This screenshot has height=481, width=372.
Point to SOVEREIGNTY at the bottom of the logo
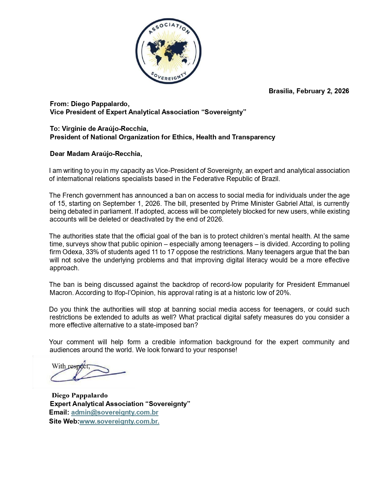pos(168,76)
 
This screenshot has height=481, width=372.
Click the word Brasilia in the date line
pos(281,91)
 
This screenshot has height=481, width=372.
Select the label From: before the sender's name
pos(59,104)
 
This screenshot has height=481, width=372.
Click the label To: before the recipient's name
pos(55,129)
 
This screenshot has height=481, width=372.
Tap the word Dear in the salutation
pos(57,154)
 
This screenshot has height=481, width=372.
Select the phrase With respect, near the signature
pos(71,366)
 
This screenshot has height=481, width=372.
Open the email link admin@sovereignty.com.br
pos(115,412)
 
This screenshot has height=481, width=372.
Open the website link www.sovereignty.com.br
pos(119,422)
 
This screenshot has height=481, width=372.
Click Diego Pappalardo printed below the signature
pos(80,396)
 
